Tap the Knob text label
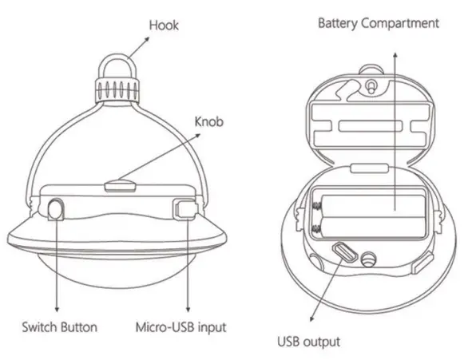210,123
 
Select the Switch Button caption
59,327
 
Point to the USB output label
308,342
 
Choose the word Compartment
401,23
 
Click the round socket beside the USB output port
369,259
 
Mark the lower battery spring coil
318,231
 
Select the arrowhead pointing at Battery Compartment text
394,53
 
